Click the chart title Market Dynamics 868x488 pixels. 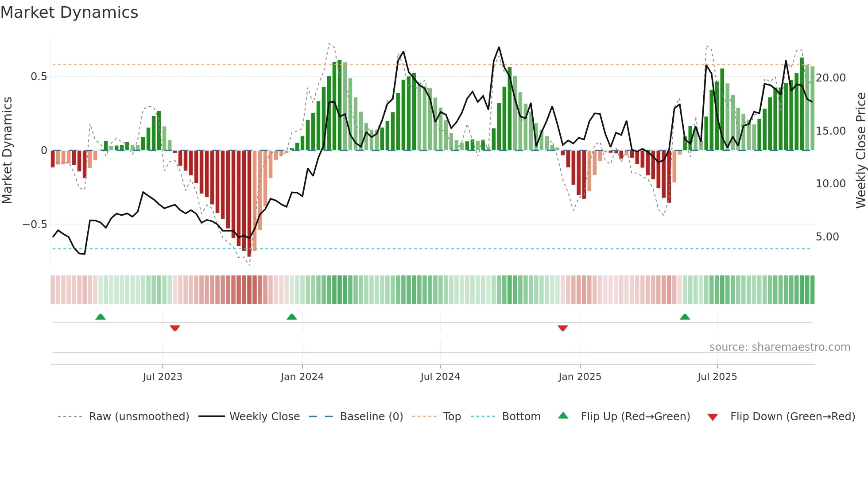pyautogui.click(x=69, y=12)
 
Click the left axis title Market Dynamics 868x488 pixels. pyautogui.click(x=7, y=150)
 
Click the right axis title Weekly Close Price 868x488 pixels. pyautogui.click(x=860, y=150)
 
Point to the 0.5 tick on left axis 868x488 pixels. pyautogui.click(x=39, y=77)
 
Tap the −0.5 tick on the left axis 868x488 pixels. pyautogui.click(x=35, y=225)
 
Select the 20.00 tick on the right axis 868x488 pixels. pyautogui.click(x=830, y=78)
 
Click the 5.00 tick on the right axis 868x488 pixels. pyautogui.click(x=827, y=237)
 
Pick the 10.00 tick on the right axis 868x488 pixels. pyautogui.click(x=830, y=184)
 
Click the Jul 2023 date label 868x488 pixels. pyautogui.click(x=163, y=377)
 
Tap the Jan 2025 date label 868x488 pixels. pyautogui.click(x=580, y=377)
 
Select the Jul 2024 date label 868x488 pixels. pyautogui.click(x=440, y=377)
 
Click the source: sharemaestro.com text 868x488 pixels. pyautogui.click(x=779, y=347)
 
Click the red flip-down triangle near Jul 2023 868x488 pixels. pyautogui.click(x=175, y=328)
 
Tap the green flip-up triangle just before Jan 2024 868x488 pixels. pyautogui.click(x=291, y=317)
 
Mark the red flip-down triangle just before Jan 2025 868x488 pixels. pyautogui.click(x=563, y=328)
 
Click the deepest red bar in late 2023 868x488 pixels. pyautogui.click(x=249, y=204)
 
